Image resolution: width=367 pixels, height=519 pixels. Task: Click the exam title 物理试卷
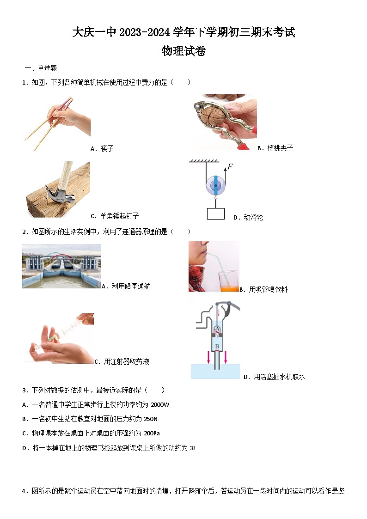click(183, 51)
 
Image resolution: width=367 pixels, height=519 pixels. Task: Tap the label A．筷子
click(102, 149)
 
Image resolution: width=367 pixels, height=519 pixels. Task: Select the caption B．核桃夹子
click(275, 148)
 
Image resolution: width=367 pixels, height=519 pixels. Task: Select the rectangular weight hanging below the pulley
click(215, 214)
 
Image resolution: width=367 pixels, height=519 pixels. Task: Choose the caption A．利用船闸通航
click(126, 287)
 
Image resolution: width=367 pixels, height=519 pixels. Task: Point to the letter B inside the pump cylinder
click(216, 346)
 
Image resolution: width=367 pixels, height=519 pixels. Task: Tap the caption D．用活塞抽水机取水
click(274, 377)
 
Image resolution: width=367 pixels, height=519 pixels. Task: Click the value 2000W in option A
click(160, 405)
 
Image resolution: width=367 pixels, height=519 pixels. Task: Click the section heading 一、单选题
click(41, 68)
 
